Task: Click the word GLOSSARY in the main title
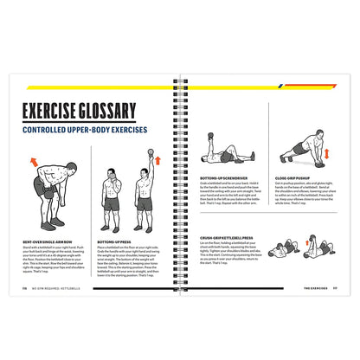(x=109, y=112)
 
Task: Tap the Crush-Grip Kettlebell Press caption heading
(x=227, y=237)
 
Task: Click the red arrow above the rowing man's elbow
(x=34, y=161)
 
